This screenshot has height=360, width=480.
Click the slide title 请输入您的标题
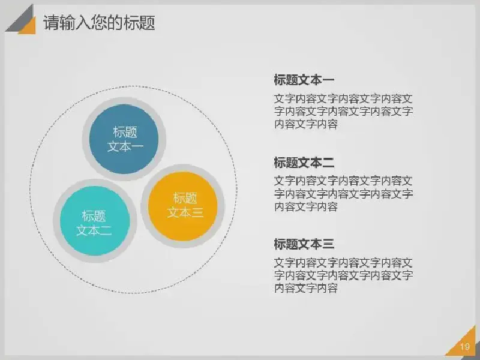click(99, 22)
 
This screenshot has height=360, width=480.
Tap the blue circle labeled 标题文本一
click(124, 139)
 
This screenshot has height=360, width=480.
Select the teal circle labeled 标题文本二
click(95, 221)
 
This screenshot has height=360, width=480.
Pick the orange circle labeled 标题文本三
click(183, 206)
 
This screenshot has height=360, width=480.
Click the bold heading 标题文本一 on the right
click(304, 80)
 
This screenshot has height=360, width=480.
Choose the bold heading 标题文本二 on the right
click(304, 162)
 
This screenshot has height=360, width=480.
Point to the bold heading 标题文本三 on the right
click(304, 244)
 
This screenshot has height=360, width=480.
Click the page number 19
click(464, 347)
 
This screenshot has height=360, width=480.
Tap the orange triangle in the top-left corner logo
click(29, 28)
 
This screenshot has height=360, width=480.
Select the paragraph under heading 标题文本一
click(343, 112)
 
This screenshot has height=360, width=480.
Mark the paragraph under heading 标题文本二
click(343, 194)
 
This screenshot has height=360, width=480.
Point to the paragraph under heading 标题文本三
click(343, 275)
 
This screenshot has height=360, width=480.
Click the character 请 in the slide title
click(50, 22)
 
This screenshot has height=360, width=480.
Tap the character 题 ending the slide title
click(147, 22)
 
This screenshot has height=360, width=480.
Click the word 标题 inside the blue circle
click(125, 132)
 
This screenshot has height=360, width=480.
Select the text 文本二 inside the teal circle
click(94, 230)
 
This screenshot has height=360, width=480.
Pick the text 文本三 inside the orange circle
click(185, 212)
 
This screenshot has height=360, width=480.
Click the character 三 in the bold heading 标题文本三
click(328, 244)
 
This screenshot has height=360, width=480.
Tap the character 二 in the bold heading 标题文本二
click(328, 162)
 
